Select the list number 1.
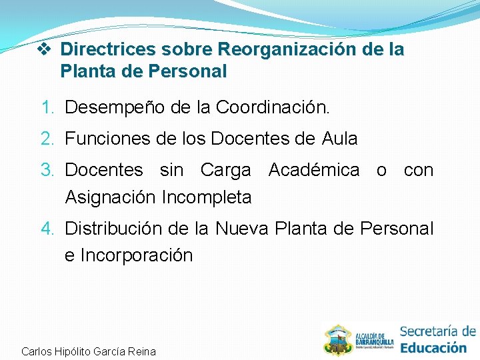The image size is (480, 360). (x=47, y=107)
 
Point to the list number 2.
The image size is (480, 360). (x=47, y=139)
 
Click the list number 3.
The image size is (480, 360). (x=47, y=171)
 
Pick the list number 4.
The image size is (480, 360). (x=47, y=229)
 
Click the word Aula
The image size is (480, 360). (x=339, y=139)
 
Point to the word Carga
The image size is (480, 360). (x=225, y=171)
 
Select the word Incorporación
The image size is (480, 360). (x=137, y=255)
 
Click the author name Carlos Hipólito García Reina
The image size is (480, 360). (x=89, y=351)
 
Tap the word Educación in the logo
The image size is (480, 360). (x=433, y=347)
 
